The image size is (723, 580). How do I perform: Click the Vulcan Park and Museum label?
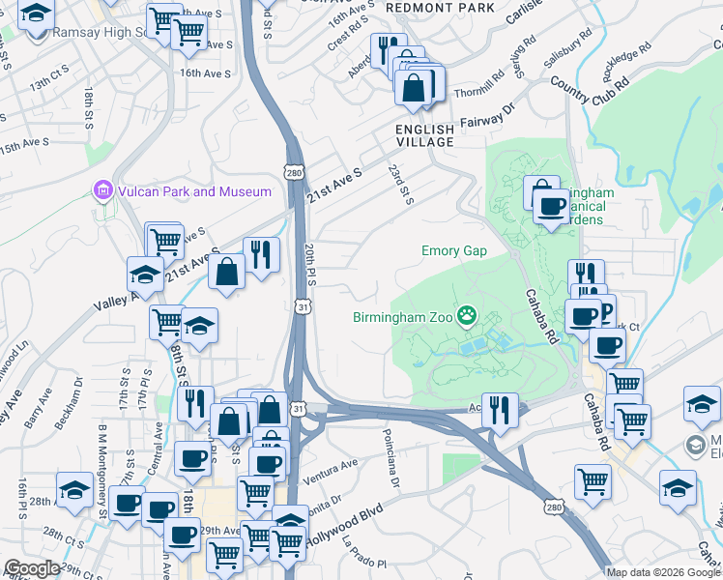(194, 191)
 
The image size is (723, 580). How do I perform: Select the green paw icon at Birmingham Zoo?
(468, 314)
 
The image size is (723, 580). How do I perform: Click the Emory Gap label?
(453, 251)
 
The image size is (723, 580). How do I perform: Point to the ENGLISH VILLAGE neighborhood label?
(424, 135)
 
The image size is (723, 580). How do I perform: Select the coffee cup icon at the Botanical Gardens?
(551, 205)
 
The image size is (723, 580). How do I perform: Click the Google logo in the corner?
(32, 568)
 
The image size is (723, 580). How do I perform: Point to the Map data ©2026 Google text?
(663, 572)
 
